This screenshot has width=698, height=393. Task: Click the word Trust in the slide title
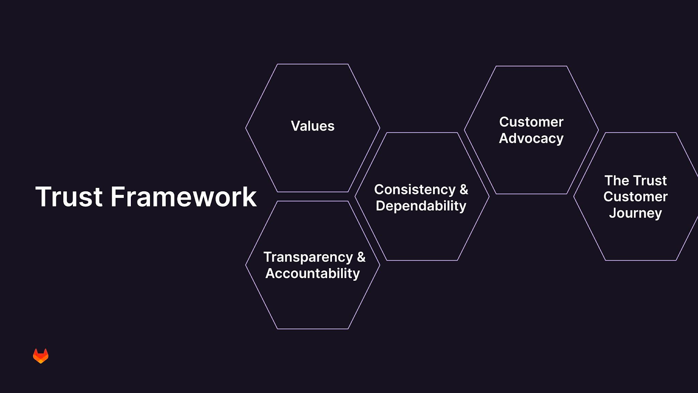[x=69, y=196]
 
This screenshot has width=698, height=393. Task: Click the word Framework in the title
[x=184, y=196]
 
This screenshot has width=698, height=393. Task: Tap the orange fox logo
[x=41, y=356]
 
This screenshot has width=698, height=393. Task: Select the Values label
[x=312, y=126]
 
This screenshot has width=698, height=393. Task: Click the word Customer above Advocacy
[x=531, y=122]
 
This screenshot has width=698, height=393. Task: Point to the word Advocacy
[x=531, y=138]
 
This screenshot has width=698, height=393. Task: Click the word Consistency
[x=415, y=190]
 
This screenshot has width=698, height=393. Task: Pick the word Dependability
[x=421, y=206]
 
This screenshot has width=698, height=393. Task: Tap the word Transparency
[x=308, y=257]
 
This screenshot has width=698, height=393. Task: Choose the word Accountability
[x=312, y=273]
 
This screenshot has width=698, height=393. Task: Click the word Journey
[x=635, y=214]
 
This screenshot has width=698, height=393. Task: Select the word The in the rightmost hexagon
[x=614, y=181]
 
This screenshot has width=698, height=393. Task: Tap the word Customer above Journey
[x=635, y=197]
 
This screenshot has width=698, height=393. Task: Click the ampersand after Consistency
[x=464, y=190]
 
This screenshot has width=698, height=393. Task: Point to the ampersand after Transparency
[x=362, y=257]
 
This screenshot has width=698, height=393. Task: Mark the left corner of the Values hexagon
[x=246, y=128]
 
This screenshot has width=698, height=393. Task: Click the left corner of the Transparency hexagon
[x=246, y=265]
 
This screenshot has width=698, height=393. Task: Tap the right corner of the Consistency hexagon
[x=489, y=196]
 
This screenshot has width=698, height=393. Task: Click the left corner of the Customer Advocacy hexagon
[x=464, y=130]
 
